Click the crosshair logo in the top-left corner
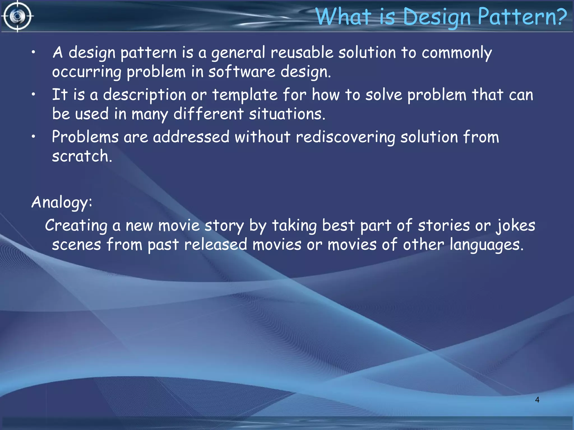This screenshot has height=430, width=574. [17, 16]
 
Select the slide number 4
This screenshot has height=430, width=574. [537, 400]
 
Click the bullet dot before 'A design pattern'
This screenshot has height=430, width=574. [33, 52]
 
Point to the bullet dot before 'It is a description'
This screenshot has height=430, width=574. [33, 95]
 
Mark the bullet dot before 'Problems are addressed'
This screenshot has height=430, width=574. [33, 137]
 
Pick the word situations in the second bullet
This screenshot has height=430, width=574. [287, 114]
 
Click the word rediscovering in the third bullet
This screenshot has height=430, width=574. [345, 137]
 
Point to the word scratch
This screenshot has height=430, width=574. [81, 156]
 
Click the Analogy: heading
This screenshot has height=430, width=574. [62, 202]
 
